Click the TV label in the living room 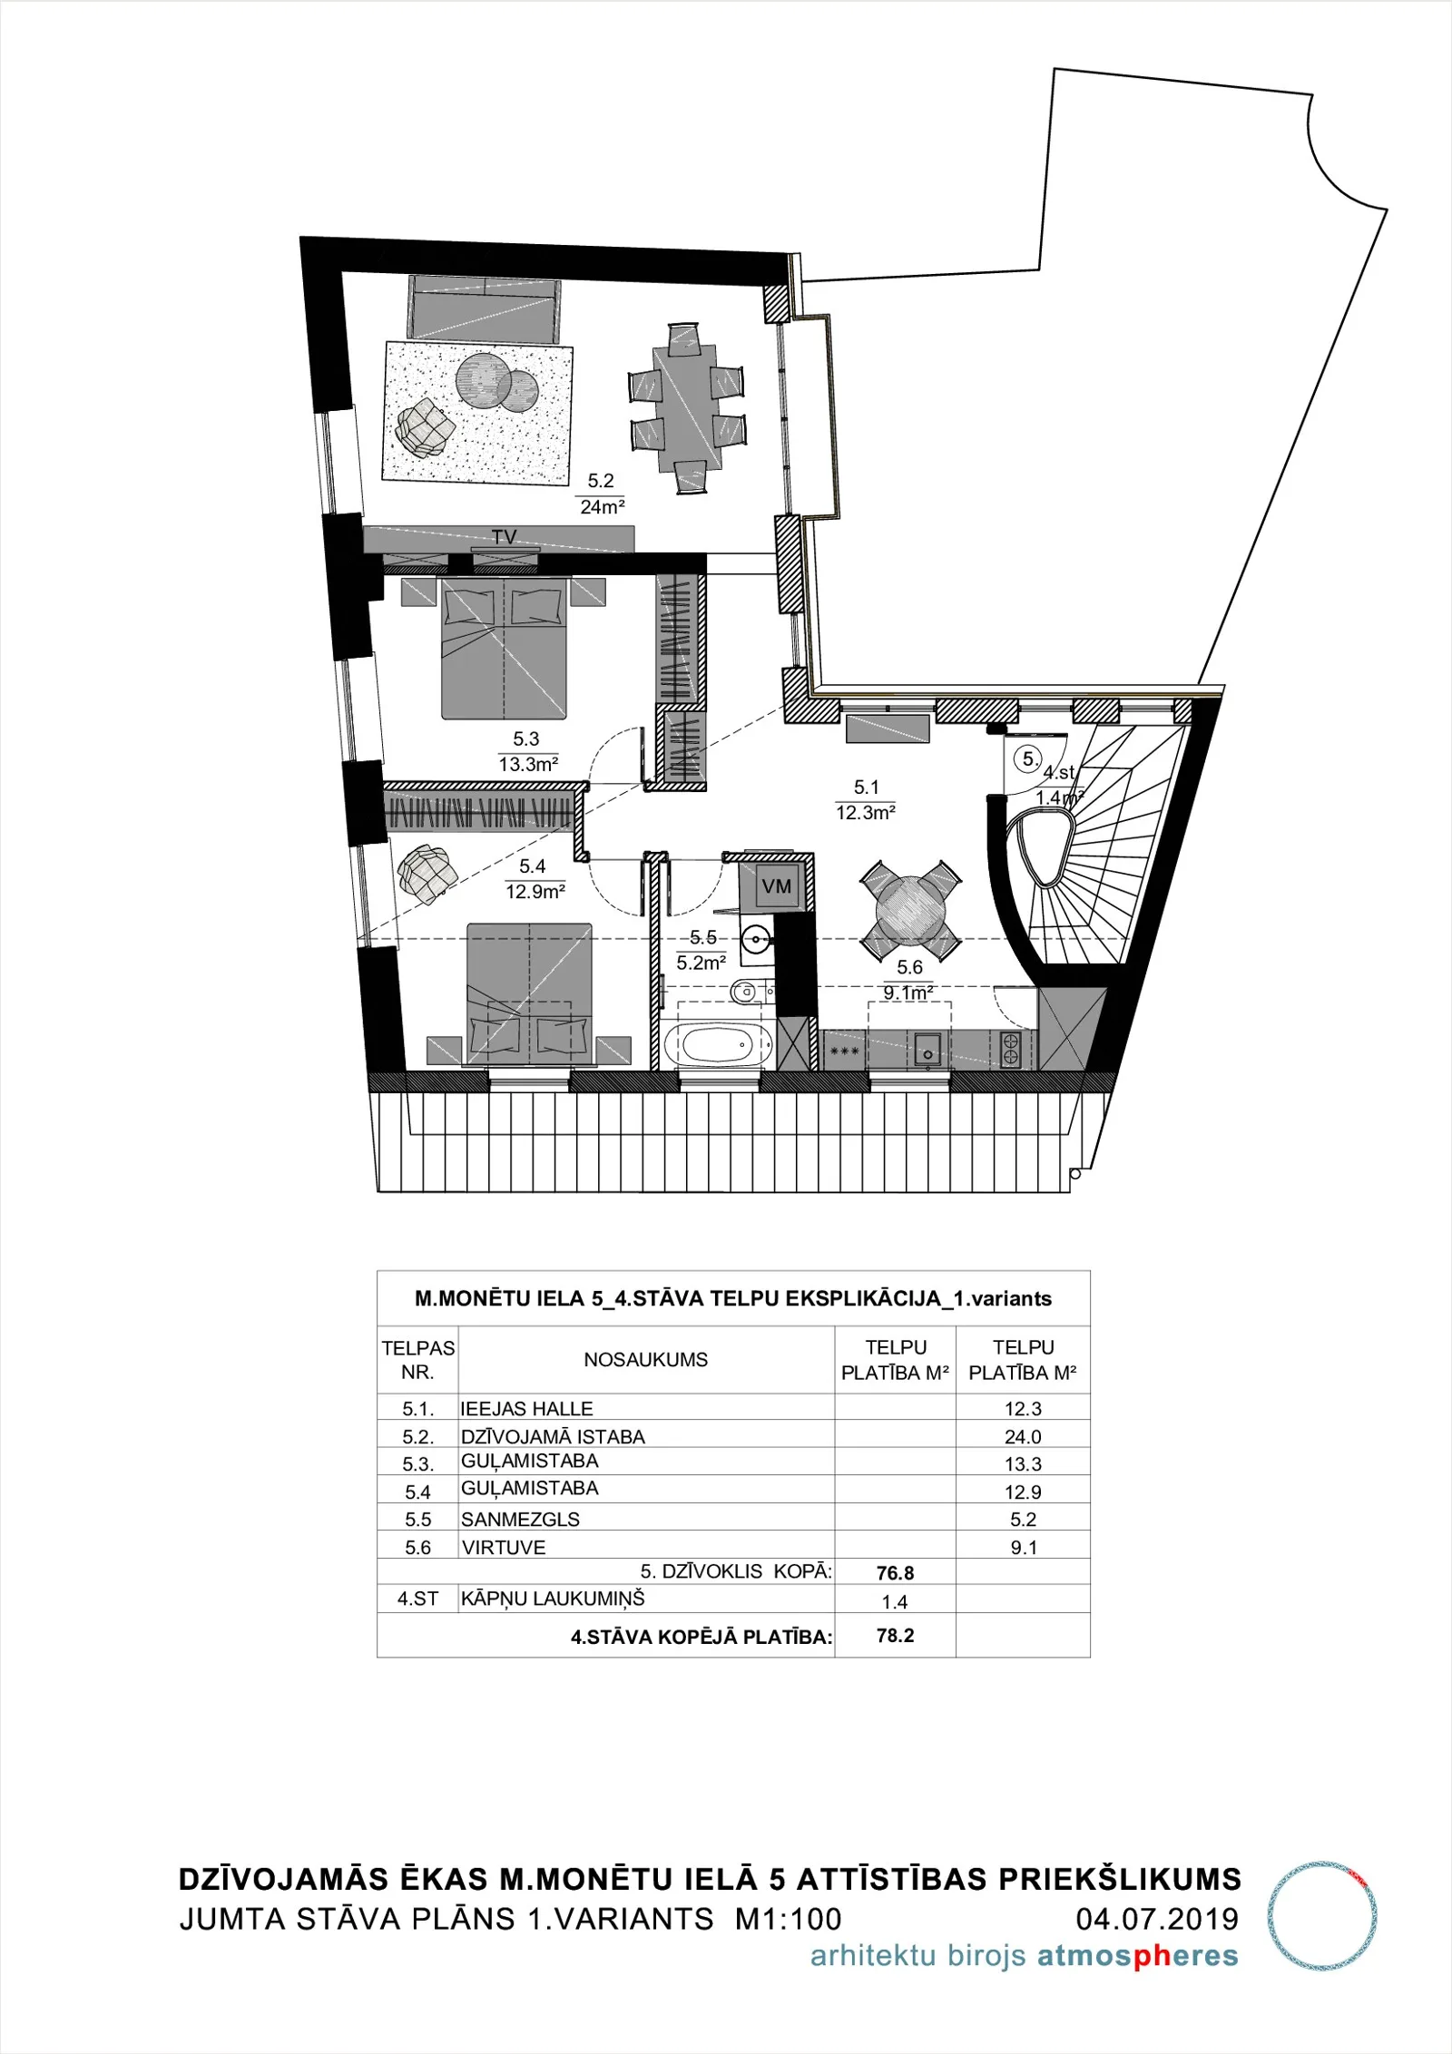click(505, 537)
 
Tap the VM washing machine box click(776, 886)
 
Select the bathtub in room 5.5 click(718, 1045)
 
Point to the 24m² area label click(603, 506)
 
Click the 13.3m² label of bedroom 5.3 click(528, 764)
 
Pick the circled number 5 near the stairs click(1028, 759)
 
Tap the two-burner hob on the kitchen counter click(1010, 1050)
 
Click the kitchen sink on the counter click(927, 1051)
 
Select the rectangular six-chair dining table click(688, 408)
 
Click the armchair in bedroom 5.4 click(427, 874)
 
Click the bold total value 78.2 click(896, 1635)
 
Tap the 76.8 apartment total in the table click(896, 1572)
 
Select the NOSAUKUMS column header click(645, 1359)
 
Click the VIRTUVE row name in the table click(504, 1547)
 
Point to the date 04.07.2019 click(1157, 1919)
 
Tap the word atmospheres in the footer click(1138, 1957)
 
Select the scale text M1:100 click(789, 1919)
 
